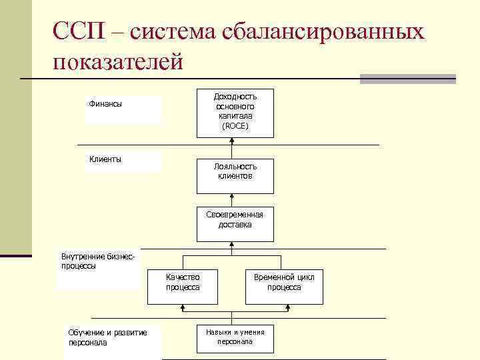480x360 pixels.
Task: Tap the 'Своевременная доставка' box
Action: [x=235, y=219]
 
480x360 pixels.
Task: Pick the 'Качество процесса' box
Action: [x=183, y=282]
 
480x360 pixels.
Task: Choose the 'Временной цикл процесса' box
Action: [x=284, y=282]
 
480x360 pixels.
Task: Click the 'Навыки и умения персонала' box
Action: [x=235, y=337]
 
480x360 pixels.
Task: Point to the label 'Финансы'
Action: [x=105, y=104]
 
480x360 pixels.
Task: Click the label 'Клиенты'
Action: [x=105, y=159]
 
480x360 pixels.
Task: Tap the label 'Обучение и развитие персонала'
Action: [x=107, y=337]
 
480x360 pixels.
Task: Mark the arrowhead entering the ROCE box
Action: [x=232, y=141]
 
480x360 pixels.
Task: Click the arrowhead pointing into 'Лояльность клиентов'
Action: [x=232, y=196]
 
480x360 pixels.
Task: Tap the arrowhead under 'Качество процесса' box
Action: [x=183, y=307]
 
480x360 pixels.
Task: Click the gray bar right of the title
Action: [x=407, y=79]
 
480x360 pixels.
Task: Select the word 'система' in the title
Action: [x=177, y=31]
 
